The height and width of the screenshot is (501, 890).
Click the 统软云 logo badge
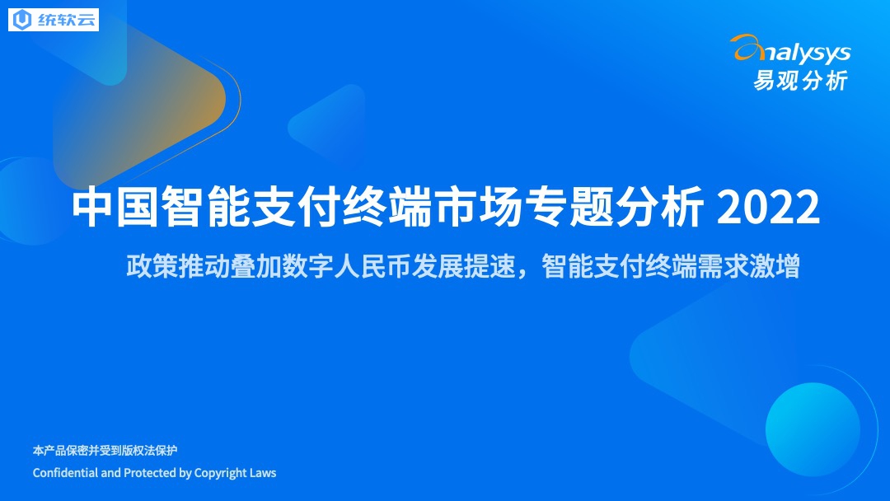point(54,20)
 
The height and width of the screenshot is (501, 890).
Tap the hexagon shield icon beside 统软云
point(22,20)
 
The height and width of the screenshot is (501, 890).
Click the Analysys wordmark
point(790,51)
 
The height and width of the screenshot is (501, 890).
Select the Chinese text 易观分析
point(800,81)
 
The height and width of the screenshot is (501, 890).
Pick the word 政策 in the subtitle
point(152,265)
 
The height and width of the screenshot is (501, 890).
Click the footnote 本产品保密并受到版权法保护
point(105,451)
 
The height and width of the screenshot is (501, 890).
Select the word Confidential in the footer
point(65,473)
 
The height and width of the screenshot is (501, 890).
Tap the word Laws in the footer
point(263,473)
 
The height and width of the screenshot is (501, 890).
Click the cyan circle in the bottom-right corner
point(813,429)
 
